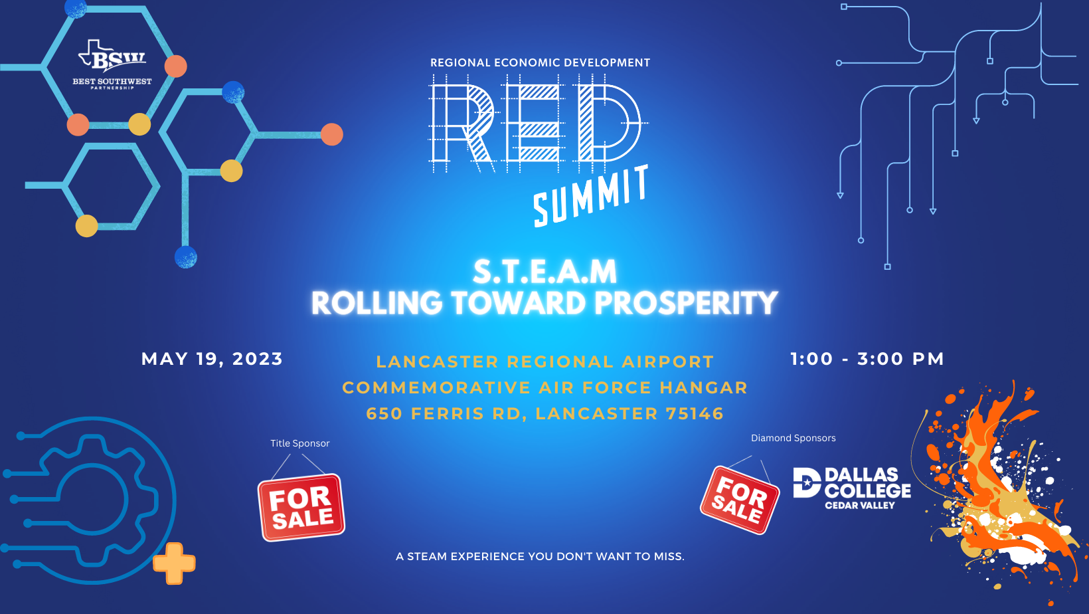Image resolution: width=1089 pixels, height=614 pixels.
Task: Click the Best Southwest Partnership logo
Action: (x=112, y=64)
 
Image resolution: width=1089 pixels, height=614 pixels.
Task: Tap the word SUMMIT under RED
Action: (x=592, y=196)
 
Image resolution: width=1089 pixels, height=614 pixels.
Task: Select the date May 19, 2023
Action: (x=212, y=359)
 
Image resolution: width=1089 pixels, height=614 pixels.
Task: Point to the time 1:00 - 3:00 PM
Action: (x=867, y=359)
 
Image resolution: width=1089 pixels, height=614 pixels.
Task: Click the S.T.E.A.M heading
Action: (x=545, y=272)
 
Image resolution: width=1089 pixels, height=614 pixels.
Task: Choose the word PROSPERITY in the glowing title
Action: (x=686, y=302)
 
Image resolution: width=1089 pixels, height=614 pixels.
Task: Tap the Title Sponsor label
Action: (x=300, y=443)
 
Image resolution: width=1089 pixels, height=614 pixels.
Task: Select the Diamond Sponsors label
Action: (x=794, y=438)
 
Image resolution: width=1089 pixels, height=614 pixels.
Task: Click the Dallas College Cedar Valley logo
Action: (x=852, y=488)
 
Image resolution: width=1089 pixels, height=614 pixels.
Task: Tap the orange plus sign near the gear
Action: (x=174, y=563)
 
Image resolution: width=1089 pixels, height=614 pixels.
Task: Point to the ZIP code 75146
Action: (x=695, y=413)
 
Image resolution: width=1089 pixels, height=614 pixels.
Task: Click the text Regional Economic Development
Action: (x=540, y=62)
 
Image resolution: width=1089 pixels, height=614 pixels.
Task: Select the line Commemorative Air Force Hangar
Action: (x=545, y=388)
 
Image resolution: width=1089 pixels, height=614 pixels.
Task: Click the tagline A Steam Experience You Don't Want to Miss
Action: (x=540, y=556)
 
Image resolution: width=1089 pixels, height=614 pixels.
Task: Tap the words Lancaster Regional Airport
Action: (x=545, y=362)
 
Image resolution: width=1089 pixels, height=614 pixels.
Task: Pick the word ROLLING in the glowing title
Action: (x=377, y=302)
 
